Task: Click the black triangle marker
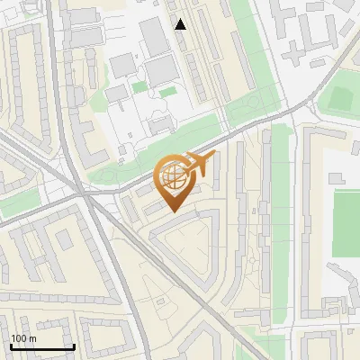click(x=181, y=24)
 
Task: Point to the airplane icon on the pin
click(x=199, y=165)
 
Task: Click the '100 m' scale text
click(x=23, y=338)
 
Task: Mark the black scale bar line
click(x=42, y=346)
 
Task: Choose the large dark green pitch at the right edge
click(x=346, y=223)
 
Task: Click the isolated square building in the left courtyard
click(x=63, y=238)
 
